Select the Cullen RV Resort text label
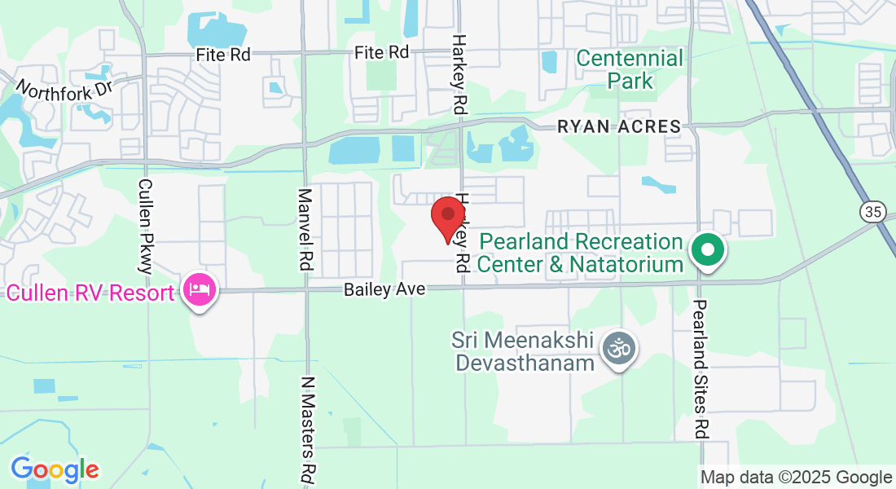(90, 293)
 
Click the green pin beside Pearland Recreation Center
(708, 249)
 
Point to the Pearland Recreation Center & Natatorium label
(580, 253)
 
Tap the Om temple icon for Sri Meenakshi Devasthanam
(619, 350)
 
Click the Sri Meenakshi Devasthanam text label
(525, 350)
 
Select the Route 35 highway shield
(872, 212)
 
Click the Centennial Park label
(630, 69)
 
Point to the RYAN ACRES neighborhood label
(618, 126)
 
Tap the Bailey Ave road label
(375, 289)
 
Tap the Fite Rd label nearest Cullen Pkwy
(223, 55)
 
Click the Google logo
(55, 469)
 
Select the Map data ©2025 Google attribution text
(797, 478)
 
